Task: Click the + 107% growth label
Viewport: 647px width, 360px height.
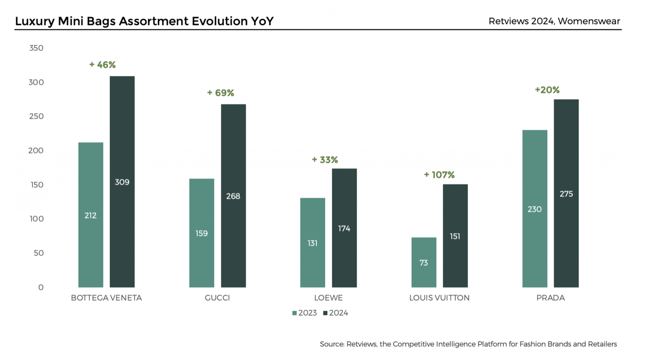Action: point(439,175)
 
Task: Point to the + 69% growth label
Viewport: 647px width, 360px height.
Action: point(220,93)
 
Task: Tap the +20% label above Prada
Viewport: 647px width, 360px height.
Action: point(547,90)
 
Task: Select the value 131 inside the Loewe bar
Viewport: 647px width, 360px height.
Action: point(313,243)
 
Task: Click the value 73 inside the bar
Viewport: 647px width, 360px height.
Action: point(424,263)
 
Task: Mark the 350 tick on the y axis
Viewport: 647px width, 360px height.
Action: point(36,48)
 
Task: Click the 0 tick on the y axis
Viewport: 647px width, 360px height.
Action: point(41,287)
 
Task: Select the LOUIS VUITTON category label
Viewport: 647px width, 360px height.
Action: point(439,298)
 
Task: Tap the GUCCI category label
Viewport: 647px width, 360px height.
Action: point(217,298)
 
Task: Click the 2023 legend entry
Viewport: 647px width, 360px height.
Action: point(304,313)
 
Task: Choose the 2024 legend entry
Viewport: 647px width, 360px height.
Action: point(336,313)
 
